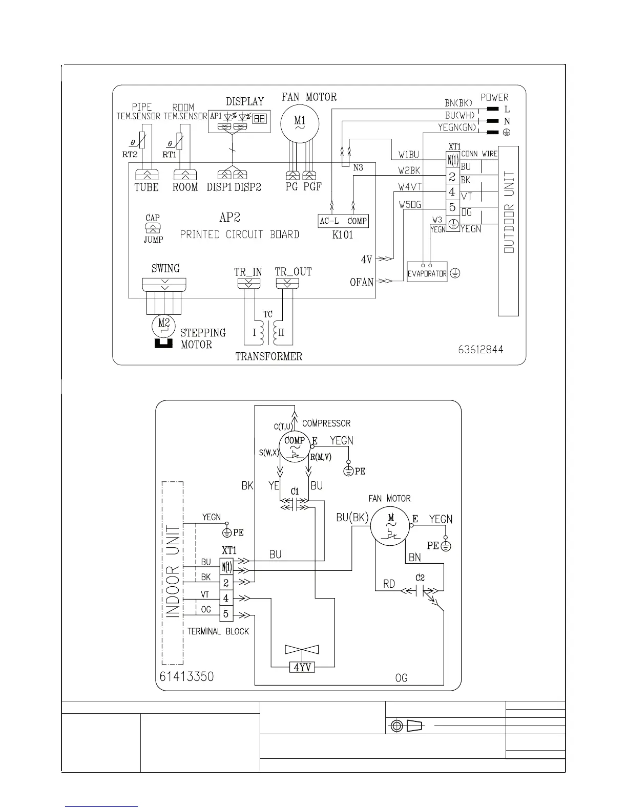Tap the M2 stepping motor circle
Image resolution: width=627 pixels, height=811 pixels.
pos(164,324)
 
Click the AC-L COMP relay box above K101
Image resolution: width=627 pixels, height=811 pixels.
pos(343,221)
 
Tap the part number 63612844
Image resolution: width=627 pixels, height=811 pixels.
pos(480,350)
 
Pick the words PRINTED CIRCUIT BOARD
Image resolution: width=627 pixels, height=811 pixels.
pos(240,234)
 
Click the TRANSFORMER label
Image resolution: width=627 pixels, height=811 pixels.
pos(269,356)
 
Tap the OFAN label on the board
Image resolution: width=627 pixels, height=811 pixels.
pos(362,282)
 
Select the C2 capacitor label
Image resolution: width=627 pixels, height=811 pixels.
pos(420,578)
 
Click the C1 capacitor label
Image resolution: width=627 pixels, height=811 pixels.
pos(295,492)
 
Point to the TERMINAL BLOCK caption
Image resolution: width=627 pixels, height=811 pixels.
pos(218,631)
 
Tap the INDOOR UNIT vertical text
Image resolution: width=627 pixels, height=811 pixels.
pos(173,572)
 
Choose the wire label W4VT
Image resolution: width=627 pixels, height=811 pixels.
pos(410,187)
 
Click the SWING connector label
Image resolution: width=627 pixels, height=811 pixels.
pos(165,268)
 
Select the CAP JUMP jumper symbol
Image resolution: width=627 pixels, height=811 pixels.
pos(153,228)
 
